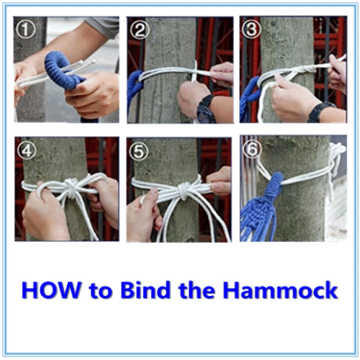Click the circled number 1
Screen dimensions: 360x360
tap(26, 30)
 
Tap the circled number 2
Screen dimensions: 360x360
tap(139, 30)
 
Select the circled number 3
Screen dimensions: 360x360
tap(251, 29)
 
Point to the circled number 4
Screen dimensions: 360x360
tap(27, 150)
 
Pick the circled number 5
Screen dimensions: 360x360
tap(139, 151)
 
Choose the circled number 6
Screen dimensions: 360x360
tap(252, 149)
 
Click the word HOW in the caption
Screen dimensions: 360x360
tap(51, 290)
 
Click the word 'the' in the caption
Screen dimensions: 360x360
tap(197, 290)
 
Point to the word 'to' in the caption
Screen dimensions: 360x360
tap(101, 291)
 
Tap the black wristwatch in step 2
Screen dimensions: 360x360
tap(205, 109)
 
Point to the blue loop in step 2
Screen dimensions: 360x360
tap(135, 86)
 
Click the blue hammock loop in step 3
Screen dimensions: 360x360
tap(251, 94)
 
